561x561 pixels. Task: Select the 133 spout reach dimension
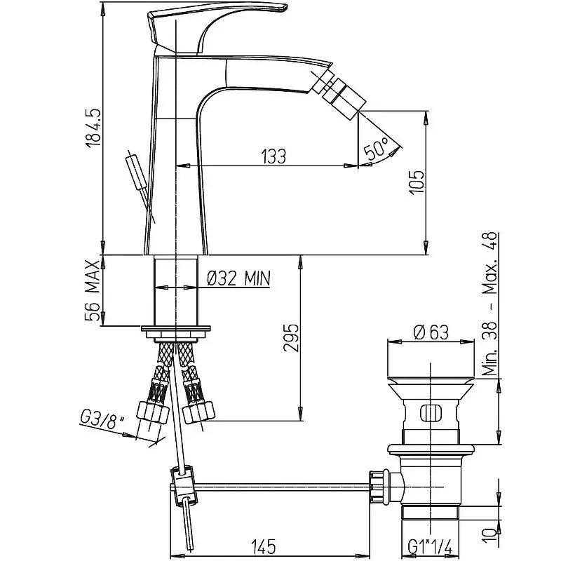pos(273,156)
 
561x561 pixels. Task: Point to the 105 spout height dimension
pos(417,182)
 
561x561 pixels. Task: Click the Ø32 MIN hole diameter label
pos(238,278)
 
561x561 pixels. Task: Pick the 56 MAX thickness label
pos(93,290)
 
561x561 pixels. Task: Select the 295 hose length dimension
pos(291,339)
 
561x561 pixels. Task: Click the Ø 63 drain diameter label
pos(431,332)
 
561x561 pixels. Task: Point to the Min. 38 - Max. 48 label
pos(489,304)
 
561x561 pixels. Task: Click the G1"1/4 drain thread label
pos(431,547)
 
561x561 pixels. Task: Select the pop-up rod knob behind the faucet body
pos(137,172)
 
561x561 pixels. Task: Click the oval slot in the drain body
pos(431,414)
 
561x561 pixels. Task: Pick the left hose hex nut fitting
pos(153,412)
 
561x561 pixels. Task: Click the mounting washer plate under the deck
pos(176,328)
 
